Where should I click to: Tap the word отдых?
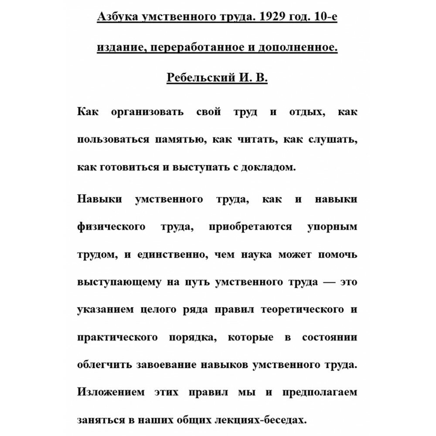coord(305,112)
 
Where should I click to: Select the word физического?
coord(111,227)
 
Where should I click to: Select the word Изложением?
coord(111,392)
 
